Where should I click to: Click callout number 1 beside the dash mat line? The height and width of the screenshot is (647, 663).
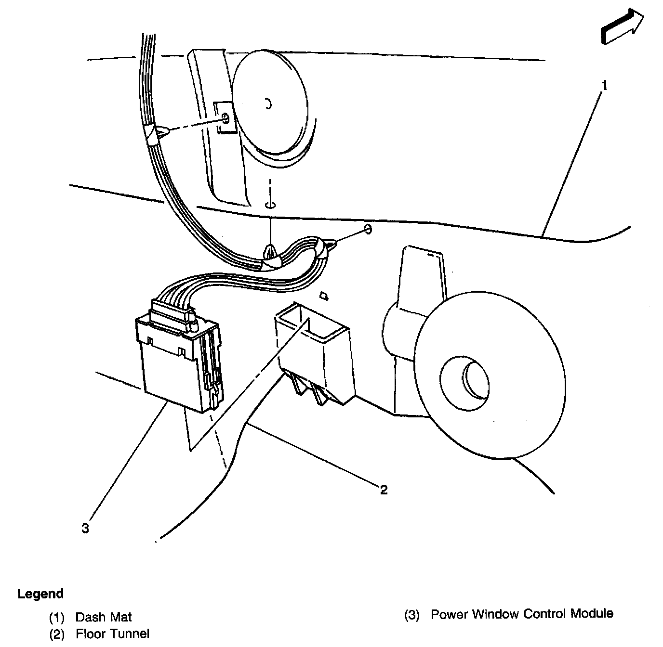click(604, 86)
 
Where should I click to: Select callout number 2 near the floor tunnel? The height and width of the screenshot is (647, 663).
click(384, 490)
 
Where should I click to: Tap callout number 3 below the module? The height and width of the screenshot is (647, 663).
click(85, 529)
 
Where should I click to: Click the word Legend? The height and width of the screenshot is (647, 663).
click(40, 594)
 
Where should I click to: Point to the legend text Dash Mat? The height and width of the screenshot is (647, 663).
click(104, 617)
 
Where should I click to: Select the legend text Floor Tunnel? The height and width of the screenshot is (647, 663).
click(112, 634)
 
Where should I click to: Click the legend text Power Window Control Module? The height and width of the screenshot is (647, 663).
click(522, 614)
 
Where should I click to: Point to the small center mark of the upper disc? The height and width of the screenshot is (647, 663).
click(269, 104)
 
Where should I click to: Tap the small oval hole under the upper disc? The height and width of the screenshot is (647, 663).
click(270, 206)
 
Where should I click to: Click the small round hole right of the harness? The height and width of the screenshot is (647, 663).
click(369, 228)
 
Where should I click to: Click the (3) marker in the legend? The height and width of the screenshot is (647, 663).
click(412, 615)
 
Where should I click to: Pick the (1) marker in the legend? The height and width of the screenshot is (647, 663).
click(56, 618)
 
